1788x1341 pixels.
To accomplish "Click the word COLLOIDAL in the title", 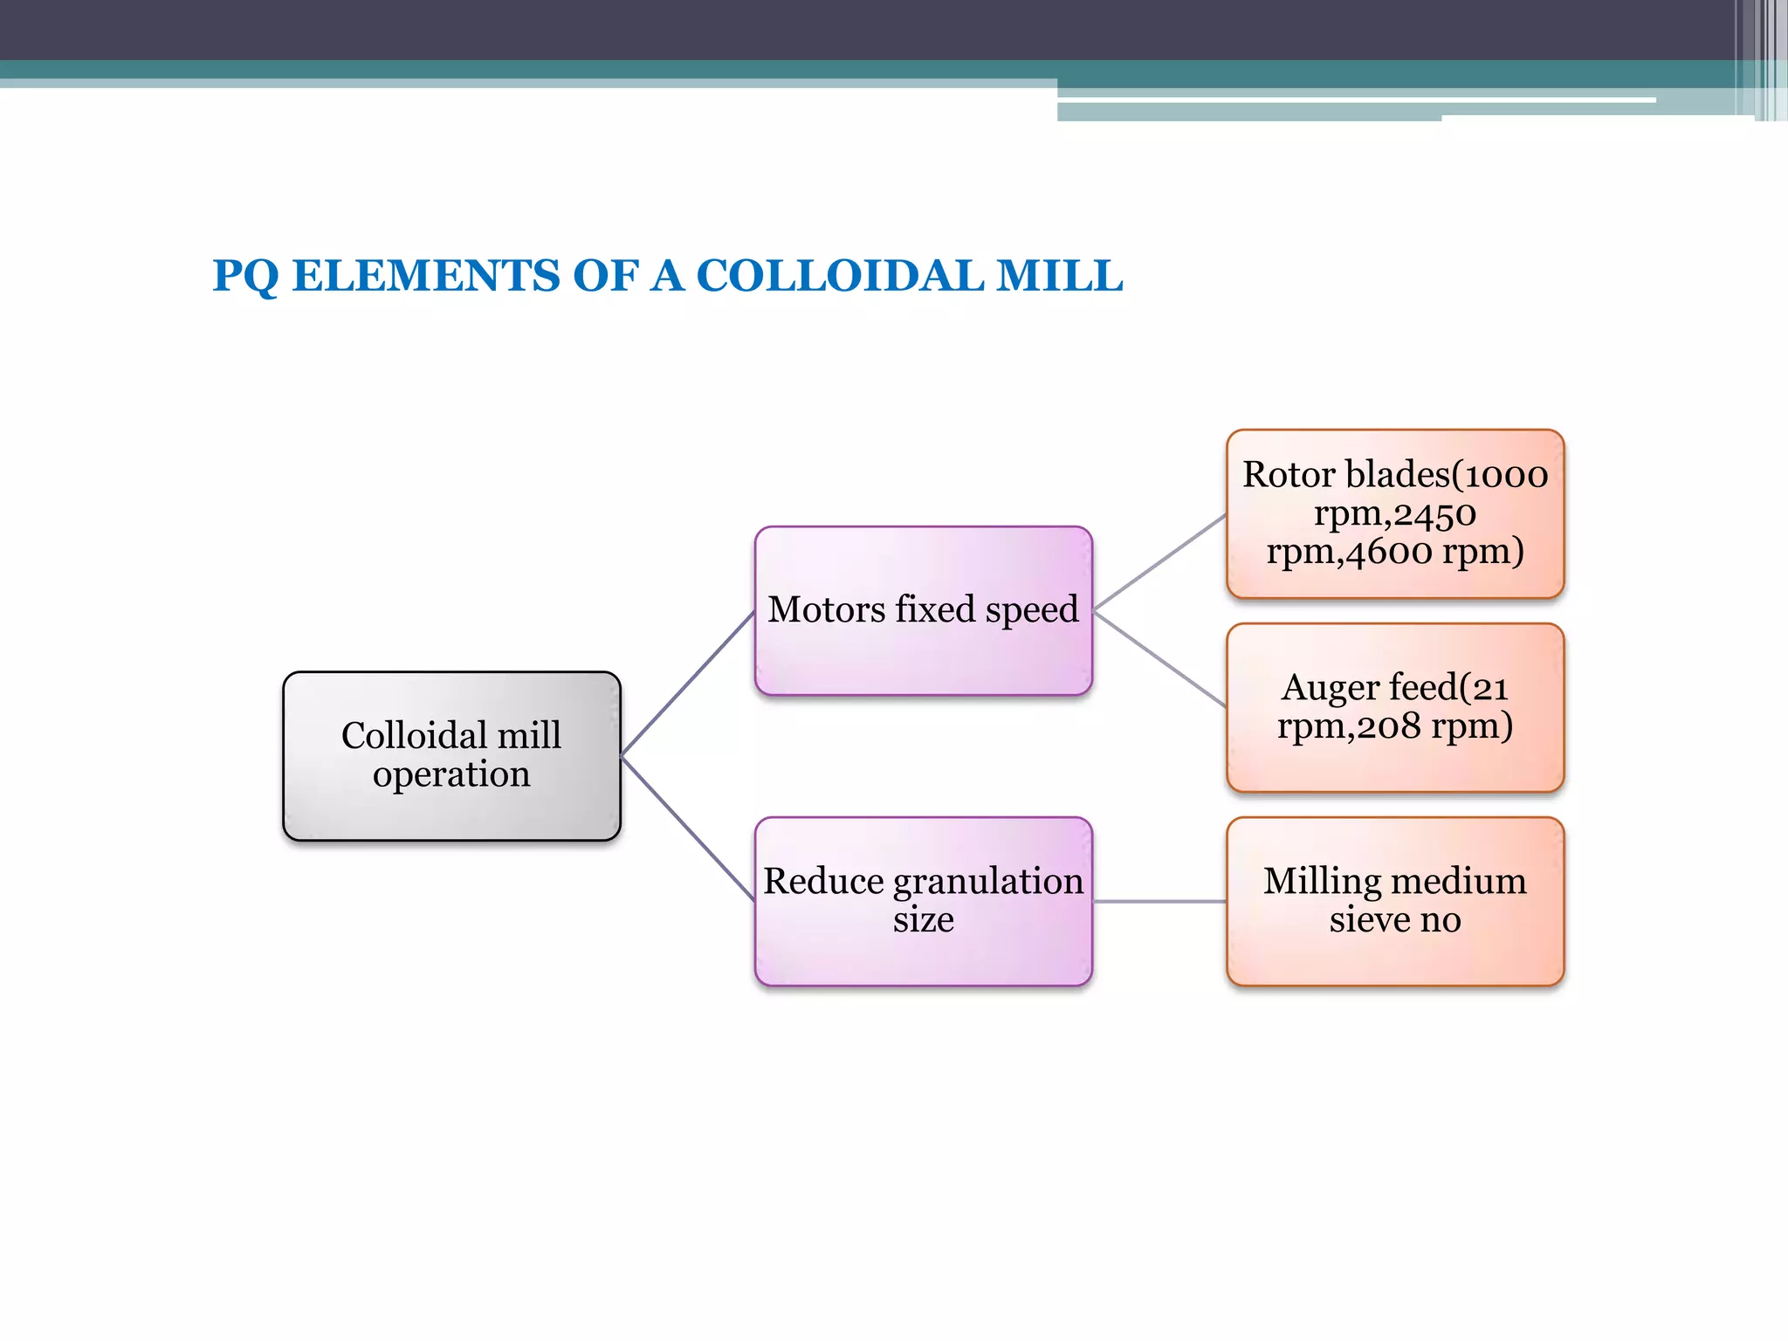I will pos(840,276).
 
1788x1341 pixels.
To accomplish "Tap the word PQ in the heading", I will pos(244,277).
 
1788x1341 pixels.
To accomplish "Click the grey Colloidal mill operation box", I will pos(451,756).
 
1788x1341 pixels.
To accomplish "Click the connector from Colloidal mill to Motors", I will pos(687,684).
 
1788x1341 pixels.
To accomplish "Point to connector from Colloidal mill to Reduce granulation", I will pos(687,828).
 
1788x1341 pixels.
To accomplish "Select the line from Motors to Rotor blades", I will pos(1159,561).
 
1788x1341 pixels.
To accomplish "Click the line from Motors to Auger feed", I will pos(1159,659).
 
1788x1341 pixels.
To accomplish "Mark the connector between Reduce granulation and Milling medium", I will pos(1159,901).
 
